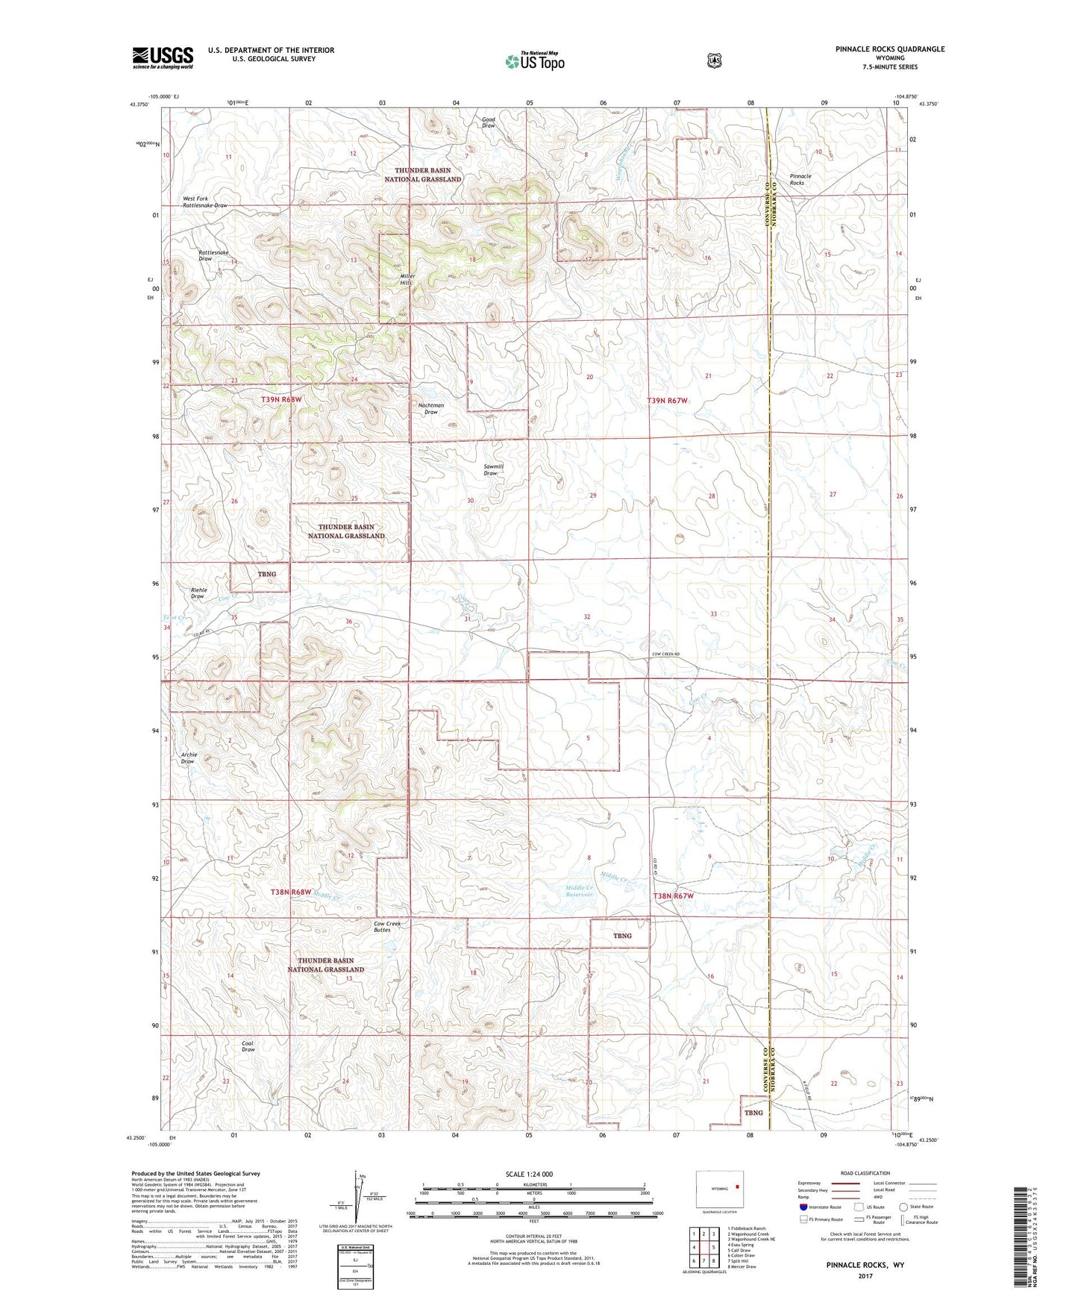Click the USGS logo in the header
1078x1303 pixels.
163,57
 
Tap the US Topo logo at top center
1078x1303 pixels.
534,61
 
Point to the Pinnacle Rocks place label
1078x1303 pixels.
800,179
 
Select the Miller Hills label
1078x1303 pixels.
407,279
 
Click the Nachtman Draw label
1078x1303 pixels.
430,408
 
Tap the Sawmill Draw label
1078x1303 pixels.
493,469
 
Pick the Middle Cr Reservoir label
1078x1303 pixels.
579,890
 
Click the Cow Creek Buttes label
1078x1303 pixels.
387,926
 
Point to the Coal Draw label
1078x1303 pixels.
248,1046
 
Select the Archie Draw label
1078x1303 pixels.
189,757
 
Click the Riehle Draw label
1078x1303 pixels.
198,593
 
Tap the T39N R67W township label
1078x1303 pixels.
667,401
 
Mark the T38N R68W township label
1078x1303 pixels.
290,892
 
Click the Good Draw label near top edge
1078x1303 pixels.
489,122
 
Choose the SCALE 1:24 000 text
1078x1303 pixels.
529,1174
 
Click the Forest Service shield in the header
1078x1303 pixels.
715,60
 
